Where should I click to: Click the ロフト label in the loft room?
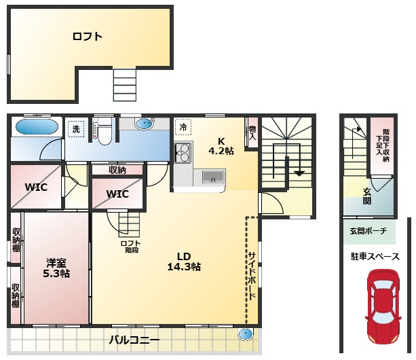pos(88,37)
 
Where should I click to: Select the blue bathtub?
pos(37,126)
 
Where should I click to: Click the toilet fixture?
pos(105,131)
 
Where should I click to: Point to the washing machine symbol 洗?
pos(76,129)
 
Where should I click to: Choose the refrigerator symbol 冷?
pos(183,127)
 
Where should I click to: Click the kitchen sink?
pos(213,177)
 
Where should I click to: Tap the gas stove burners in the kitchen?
pos(183,153)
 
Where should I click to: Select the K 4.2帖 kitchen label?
pos(221,146)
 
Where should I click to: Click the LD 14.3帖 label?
pos(184,262)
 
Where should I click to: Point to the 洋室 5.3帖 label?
pos(56,268)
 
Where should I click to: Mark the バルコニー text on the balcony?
pos(134,340)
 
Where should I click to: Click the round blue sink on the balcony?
pos(245,334)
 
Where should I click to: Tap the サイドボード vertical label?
pos(252,276)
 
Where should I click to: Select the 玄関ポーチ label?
pos(368,231)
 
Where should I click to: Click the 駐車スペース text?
pos(375,257)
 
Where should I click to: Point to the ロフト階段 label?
pos(130,247)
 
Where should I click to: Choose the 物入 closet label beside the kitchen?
pos(252,133)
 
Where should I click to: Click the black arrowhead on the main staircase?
pos(299,174)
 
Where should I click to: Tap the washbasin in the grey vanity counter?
pos(145,123)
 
